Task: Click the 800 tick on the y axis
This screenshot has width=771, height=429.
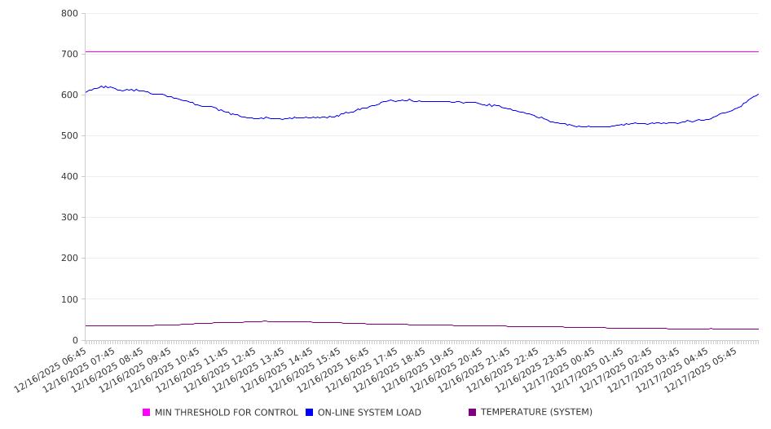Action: pyautogui.click(x=69, y=13)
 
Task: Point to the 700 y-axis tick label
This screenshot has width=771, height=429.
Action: pyautogui.click(x=69, y=54)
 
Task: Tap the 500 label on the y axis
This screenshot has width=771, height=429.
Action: pyautogui.click(x=69, y=135)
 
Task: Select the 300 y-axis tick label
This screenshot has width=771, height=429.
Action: pyautogui.click(x=69, y=218)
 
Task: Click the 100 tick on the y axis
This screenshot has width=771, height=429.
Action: pyautogui.click(x=69, y=299)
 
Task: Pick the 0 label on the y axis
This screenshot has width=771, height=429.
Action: pyautogui.click(x=74, y=340)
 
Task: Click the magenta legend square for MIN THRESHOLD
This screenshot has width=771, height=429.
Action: pyautogui.click(x=147, y=413)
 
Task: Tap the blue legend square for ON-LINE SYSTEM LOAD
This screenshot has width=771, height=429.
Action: pyautogui.click(x=310, y=413)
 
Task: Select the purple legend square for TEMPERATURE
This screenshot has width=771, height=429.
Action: pyautogui.click(x=473, y=413)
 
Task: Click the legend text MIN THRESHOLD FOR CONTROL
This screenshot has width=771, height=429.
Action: pyautogui.click(x=226, y=413)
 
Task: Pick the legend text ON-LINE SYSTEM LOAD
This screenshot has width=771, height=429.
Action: pyautogui.click(x=369, y=413)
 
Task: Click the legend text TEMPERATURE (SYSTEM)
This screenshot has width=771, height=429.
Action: pyautogui.click(x=536, y=413)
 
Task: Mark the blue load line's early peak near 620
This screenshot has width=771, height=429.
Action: pyautogui.click(x=104, y=86)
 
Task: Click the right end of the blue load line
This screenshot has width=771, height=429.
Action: pyautogui.click(x=758, y=94)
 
